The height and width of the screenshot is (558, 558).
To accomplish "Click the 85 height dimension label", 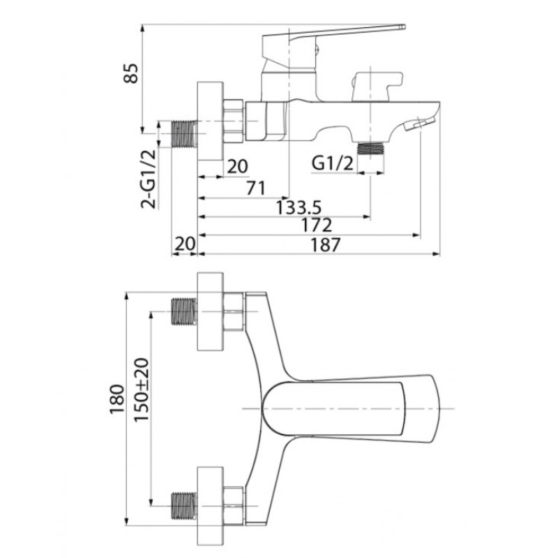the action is pyautogui.click(x=130, y=73).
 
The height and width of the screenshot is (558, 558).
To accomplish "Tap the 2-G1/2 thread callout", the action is pyautogui.click(x=149, y=179).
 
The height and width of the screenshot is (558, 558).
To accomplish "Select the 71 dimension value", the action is pyautogui.click(x=256, y=188).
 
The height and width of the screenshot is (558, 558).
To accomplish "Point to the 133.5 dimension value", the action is pyautogui.click(x=299, y=207).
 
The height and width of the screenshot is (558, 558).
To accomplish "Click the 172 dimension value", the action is pyautogui.click(x=317, y=225).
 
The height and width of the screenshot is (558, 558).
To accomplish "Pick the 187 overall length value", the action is pyautogui.click(x=326, y=245).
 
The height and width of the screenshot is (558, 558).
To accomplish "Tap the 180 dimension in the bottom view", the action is pyautogui.click(x=117, y=399).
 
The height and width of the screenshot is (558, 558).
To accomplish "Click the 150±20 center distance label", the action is pyautogui.click(x=142, y=390).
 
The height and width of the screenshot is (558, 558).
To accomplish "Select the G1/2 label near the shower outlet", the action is pyautogui.click(x=333, y=163).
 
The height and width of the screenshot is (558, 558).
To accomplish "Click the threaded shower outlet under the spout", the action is pyautogui.click(x=370, y=148).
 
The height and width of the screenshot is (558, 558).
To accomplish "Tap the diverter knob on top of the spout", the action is pyautogui.click(x=377, y=86).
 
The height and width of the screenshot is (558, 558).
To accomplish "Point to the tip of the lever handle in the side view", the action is pyautogui.click(x=405, y=27).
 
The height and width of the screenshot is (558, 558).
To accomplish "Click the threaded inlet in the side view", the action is pyautogui.click(x=184, y=134).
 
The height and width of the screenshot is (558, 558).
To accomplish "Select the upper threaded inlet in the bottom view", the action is pyautogui.click(x=184, y=311).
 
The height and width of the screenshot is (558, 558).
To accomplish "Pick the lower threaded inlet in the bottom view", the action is pyautogui.click(x=184, y=505).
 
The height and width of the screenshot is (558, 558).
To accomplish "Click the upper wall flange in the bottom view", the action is pyautogui.click(x=211, y=311).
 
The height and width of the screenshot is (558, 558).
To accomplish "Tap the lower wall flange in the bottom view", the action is pyautogui.click(x=211, y=505).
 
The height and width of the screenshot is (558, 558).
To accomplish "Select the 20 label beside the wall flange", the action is pyautogui.click(x=237, y=166).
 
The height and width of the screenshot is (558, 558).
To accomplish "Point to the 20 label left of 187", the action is pyautogui.click(x=185, y=243).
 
